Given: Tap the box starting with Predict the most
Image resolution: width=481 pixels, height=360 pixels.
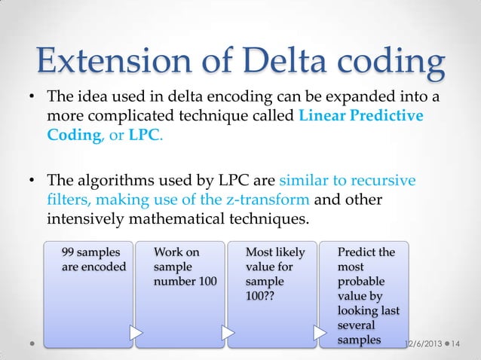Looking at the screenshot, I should click(364, 294).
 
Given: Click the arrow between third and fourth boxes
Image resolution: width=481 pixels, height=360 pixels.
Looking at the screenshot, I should click(319, 331).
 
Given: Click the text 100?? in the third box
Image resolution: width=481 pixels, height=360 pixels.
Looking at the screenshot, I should click(261, 296).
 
